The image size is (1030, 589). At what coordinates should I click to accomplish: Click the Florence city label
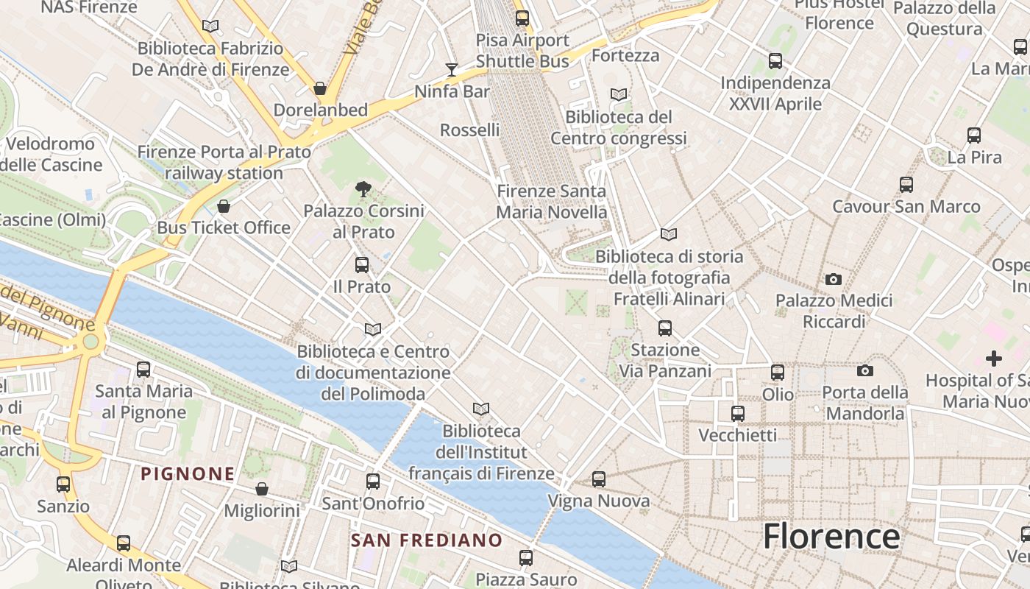click(x=831, y=537)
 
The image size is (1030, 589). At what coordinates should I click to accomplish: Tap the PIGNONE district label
click(x=188, y=474)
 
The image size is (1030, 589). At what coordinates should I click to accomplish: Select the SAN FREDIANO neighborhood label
click(x=427, y=540)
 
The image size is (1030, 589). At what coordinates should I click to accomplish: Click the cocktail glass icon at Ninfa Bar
click(x=452, y=70)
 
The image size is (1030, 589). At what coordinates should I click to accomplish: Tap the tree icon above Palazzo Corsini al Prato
click(x=363, y=189)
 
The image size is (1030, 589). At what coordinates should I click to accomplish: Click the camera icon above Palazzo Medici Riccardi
click(x=834, y=279)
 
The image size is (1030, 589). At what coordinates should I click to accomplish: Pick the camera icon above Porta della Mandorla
click(x=865, y=370)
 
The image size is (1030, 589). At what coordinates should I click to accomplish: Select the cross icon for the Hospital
click(x=994, y=359)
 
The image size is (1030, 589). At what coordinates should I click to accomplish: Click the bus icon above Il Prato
click(x=362, y=265)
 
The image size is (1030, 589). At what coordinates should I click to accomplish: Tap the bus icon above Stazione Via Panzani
click(x=665, y=328)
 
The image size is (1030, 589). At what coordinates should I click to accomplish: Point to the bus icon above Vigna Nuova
click(x=599, y=479)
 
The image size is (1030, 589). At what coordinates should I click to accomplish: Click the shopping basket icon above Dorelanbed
click(x=320, y=88)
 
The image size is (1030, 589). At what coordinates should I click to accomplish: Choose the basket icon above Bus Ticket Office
click(x=224, y=205)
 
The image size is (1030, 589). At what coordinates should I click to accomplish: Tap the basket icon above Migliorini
click(x=261, y=489)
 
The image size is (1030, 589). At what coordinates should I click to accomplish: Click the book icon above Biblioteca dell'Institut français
click(x=481, y=409)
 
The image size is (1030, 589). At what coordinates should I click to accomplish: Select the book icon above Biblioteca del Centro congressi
click(x=619, y=95)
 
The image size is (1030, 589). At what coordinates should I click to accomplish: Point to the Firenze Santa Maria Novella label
click(x=552, y=202)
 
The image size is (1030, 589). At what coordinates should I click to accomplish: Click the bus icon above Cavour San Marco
click(x=906, y=185)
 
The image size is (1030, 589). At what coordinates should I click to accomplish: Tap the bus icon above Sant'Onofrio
click(x=373, y=482)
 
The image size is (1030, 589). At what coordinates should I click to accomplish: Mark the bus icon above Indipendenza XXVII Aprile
click(x=775, y=61)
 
